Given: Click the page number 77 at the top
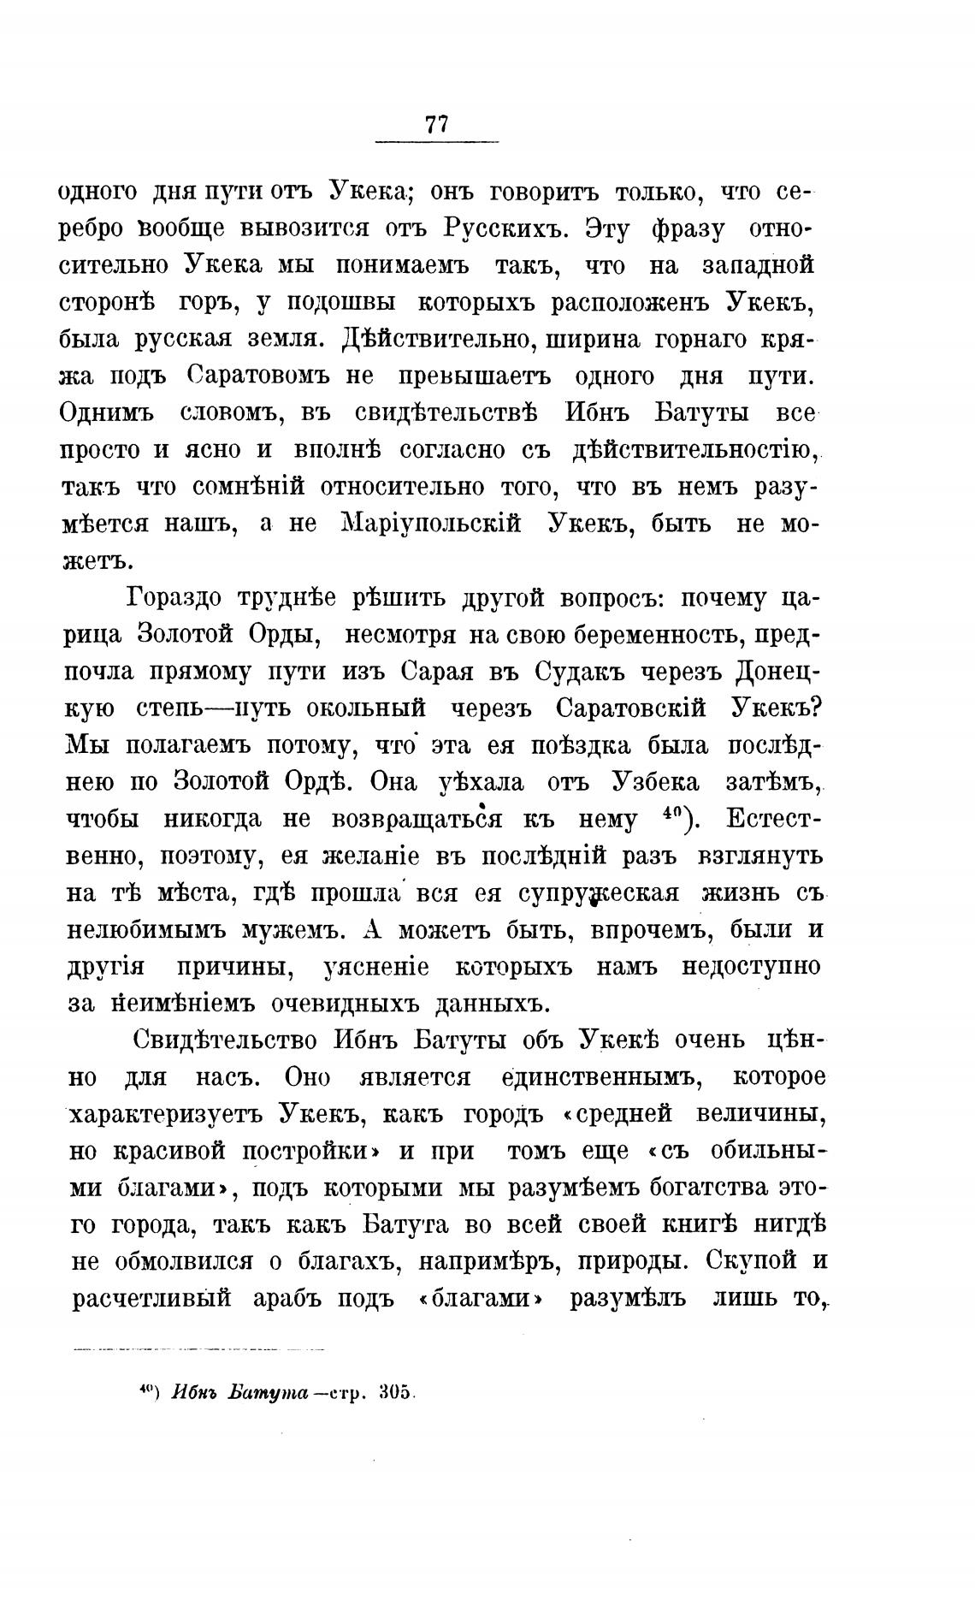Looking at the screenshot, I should coord(436,125).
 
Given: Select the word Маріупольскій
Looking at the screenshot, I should coord(431,524).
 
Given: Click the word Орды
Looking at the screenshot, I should coord(278,635).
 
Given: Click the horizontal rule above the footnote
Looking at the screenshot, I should coord(203,1349).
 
